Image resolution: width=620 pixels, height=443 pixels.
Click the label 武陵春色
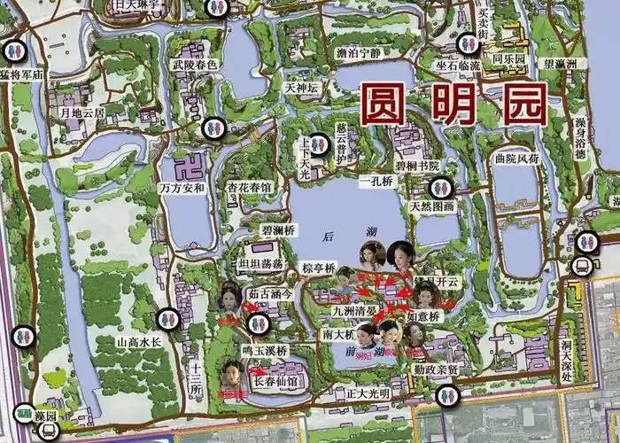point(194,65)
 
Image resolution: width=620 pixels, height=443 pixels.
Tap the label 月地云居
point(81,113)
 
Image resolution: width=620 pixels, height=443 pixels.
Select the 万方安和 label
point(182,188)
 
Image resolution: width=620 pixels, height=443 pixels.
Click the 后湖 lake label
point(329,236)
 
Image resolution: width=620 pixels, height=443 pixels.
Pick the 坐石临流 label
point(457,66)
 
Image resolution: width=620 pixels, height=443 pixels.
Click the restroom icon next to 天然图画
point(440,188)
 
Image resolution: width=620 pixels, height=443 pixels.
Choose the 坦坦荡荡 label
point(260,263)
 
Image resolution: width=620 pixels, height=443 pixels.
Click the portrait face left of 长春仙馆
point(233,376)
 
